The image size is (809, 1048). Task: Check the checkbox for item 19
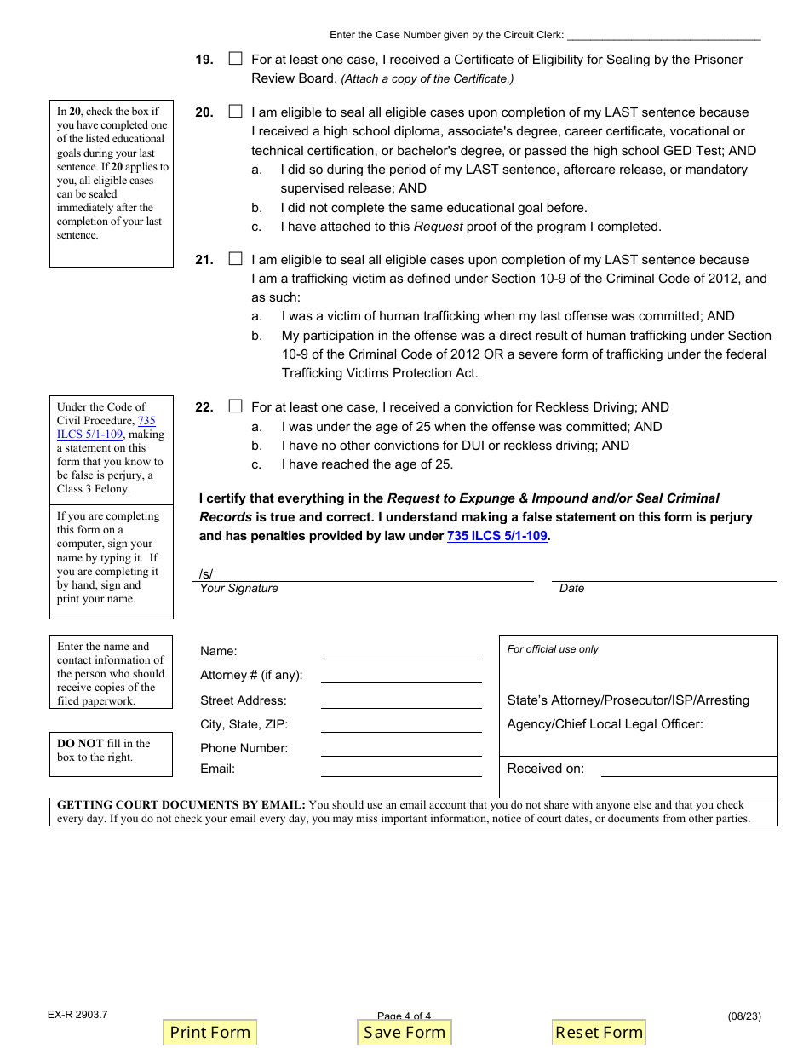236,59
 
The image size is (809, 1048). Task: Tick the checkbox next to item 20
236,112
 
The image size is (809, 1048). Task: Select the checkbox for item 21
236,259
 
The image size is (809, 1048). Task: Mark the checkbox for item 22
236,406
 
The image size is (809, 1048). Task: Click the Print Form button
209,1032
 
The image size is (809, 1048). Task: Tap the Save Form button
404,1032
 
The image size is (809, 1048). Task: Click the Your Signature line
366,573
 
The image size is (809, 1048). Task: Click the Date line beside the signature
664,573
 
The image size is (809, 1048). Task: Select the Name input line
400,652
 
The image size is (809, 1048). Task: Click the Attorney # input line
400,676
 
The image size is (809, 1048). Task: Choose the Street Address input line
400,701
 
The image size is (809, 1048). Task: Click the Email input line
400,769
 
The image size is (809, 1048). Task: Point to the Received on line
688,769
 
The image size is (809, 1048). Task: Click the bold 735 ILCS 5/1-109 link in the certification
496,536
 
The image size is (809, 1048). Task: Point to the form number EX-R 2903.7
77,1015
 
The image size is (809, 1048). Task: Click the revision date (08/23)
744,1016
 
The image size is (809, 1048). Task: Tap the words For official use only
553,649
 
